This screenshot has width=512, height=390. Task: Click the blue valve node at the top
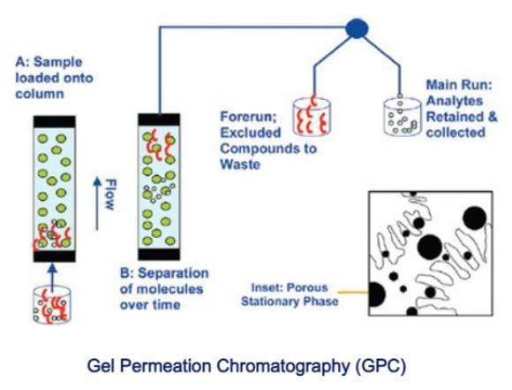(x=357, y=28)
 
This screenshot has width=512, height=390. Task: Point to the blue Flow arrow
(x=97, y=203)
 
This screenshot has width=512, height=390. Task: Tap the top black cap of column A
(x=55, y=121)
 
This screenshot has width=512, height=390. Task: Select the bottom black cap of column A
(x=55, y=256)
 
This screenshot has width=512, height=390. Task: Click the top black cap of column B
(x=159, y=119)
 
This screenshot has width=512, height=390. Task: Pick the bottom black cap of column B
(x=159, y=254)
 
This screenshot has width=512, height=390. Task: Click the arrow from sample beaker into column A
(x=53, y=274)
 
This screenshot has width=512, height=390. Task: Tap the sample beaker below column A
(x=52, y=305)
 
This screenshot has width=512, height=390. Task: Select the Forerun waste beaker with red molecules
(x=312, y=116)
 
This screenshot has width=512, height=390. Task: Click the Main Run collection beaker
(x=403, y=116)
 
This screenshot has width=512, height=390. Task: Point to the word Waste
(x=240, y=164)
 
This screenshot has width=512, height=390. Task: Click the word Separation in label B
(x=173, y=273)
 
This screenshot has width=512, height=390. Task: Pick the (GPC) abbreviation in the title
(x=380, y=366)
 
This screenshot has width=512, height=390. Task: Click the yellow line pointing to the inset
(x=353, y=292)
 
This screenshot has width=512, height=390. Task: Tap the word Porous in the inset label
(x=306, y=287)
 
